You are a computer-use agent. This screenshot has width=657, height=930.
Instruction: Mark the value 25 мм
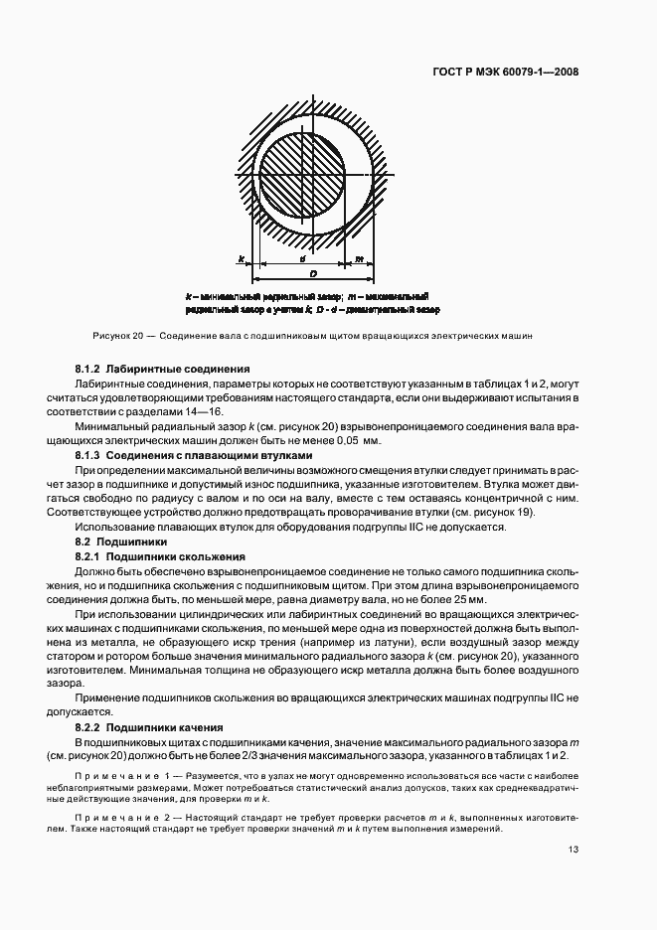coord(471,599)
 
